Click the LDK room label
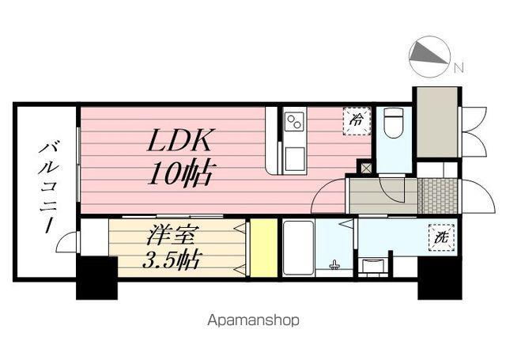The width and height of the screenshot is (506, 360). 179,142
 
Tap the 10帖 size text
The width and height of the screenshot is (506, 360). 180,172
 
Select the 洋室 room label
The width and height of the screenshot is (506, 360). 172,235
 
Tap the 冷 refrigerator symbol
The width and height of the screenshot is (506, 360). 357,120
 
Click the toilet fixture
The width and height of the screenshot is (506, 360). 393,123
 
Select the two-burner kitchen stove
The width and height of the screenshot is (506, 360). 294,121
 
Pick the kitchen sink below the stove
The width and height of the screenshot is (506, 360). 294,157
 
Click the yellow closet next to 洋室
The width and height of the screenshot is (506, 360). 263,248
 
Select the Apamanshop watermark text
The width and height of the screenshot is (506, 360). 253,321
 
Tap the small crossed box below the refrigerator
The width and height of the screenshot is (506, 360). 364,167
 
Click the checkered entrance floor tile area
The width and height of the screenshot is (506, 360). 438,195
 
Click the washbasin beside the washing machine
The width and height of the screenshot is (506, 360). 372,265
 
